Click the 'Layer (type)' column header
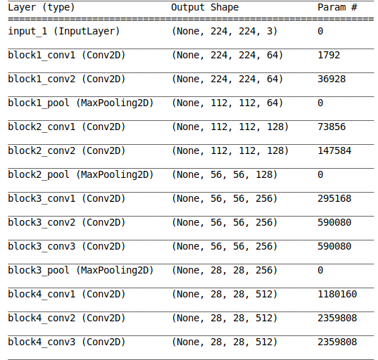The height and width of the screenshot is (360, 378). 42,8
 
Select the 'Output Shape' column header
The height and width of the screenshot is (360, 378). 205,8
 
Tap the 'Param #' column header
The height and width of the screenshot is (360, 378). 337,8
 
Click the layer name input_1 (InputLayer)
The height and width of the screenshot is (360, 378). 64,32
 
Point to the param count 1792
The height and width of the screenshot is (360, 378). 329,55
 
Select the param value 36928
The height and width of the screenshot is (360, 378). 332,79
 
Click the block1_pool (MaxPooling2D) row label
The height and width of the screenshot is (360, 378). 81,103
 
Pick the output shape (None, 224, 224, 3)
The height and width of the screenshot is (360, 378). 225,32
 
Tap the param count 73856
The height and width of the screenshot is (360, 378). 332,127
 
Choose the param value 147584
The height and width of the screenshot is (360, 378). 334,150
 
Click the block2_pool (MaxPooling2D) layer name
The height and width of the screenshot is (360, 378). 81,175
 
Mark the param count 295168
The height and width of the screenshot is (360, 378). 334,199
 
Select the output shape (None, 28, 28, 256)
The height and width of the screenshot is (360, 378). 225,271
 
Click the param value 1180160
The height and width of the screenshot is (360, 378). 337,295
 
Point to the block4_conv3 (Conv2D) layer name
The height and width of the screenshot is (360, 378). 67,342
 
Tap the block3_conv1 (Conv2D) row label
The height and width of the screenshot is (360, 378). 67,199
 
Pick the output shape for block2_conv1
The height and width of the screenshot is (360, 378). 230,127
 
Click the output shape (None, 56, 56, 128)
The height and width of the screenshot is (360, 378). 225,175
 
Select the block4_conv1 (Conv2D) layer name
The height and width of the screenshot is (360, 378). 67,295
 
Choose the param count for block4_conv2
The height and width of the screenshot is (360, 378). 337,318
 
